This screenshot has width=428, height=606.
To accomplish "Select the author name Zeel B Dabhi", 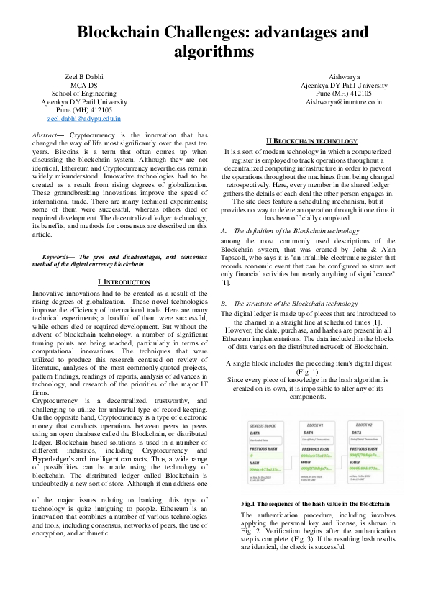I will pos(84,76).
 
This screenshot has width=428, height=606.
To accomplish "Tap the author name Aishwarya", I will pos(344,76).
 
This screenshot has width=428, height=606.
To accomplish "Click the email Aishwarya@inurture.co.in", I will pos(344,102).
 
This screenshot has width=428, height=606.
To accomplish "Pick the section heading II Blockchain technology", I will pos(311,141).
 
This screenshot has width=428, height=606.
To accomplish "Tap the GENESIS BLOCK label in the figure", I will pos(261,426).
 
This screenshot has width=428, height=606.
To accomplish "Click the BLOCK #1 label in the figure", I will pos(315,426).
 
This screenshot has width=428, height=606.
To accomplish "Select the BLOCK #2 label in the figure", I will pos(367,426).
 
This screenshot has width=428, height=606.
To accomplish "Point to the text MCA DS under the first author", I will pos(84,85).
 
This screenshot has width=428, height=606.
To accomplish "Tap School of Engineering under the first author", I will pos(84,94).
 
